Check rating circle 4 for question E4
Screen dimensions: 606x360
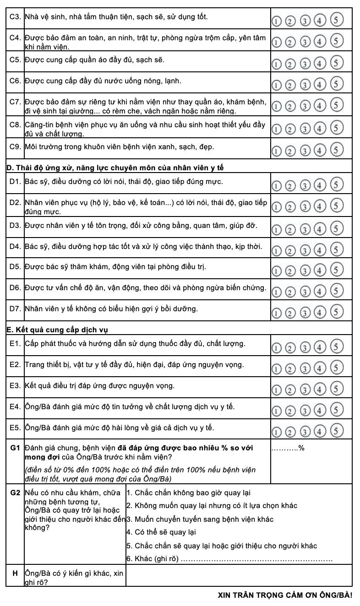[321, 411]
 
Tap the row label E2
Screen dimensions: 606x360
[15, 365]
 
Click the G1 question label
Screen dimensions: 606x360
[15, 447]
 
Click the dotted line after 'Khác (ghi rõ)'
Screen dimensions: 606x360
[256, 559]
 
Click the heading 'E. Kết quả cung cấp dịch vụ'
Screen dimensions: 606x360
[57, 329]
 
